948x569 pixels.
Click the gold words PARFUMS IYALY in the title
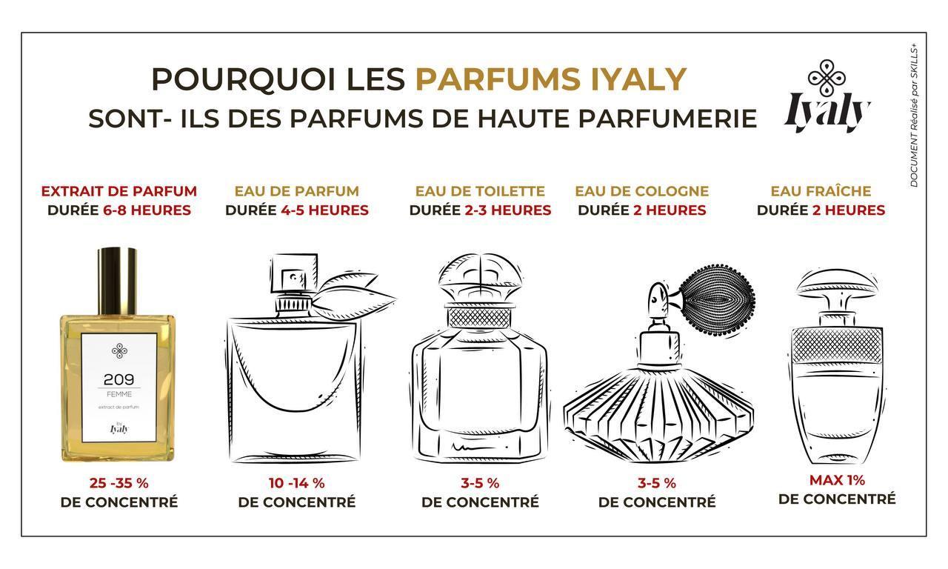pyautogui.click(x=550, y=79)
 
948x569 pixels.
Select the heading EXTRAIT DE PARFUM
pyautogui.click(x=119, y=191)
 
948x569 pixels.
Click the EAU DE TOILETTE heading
pyautogui.click(x=480, y=191)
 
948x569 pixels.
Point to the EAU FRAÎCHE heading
pyautogui.click(x=821, y=190)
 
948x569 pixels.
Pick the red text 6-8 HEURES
pyautogui.click(x=147, y=210)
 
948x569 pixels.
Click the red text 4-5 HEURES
pyautogui.click(x=324, y=210)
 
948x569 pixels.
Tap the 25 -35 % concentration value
pyautogui.click(x=119, y=482)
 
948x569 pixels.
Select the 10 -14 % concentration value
pyautogui.click(x=297, y=482)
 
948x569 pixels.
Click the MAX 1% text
pyautogui.click(x=837, y=479)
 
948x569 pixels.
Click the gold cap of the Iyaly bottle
pyautogui.click(x=117, y=281)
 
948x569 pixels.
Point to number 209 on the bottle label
pyautogui.click(x=119, y=379)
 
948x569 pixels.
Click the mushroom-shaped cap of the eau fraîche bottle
pyautogui.click(x=837, y=283)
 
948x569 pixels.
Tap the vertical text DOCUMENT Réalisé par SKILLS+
pyautogui.click(x=914, y=115)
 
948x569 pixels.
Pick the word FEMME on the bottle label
pyautogui.click(x=119, y=394)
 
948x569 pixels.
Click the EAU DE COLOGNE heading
pyautogui.click(x=641, y=191)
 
